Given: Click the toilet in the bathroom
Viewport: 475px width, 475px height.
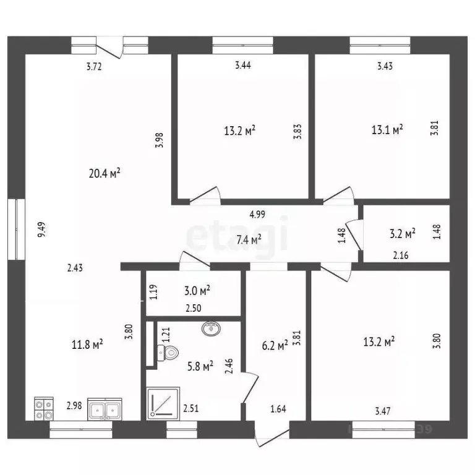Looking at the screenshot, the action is (x=168, y=353).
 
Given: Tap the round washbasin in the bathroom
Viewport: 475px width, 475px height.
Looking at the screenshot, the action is (x=211, y=328).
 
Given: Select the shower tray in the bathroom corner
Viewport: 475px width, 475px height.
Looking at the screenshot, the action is (x=163, y=403).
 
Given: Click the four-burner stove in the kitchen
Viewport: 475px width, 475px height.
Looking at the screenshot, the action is (x=44, y=409).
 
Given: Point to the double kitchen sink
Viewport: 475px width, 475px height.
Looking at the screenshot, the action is (x=105, y=409).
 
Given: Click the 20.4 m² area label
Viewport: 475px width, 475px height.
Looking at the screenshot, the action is (x=105, y=173).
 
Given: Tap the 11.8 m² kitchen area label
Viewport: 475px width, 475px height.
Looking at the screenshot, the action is (x=87, y=344).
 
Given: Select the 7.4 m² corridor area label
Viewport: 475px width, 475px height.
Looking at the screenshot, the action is (x=249, y=239).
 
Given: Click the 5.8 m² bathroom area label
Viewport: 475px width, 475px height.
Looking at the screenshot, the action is (x=200, y=366).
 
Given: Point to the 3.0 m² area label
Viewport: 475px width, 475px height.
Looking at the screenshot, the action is (x=197, y=291).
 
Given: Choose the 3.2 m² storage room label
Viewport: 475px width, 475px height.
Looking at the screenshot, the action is (x=402, y=234).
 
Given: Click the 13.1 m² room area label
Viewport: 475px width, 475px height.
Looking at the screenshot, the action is (x=387, y=130).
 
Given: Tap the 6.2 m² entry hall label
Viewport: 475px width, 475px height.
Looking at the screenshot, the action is (x=275, y=345).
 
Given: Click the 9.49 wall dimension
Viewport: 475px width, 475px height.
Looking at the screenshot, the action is (x=41, y=229).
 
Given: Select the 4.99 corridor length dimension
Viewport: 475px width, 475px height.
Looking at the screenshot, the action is (x=257, y=215).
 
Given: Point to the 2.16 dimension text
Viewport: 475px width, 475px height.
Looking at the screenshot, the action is (x=401, y=255).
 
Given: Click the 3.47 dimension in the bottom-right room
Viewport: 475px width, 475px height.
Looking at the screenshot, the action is (x=383, y=411).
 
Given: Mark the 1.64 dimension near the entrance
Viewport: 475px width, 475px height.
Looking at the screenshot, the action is (x=278, y=409).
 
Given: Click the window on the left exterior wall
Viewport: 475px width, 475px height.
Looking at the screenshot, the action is (x=16, y=229).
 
